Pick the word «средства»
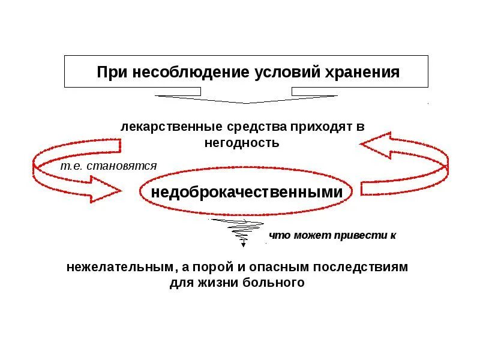tap(257, 127)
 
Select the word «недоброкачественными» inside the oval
tap(247, 193)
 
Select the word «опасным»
tap(295, 267)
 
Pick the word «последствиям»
tap(369, 267)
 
